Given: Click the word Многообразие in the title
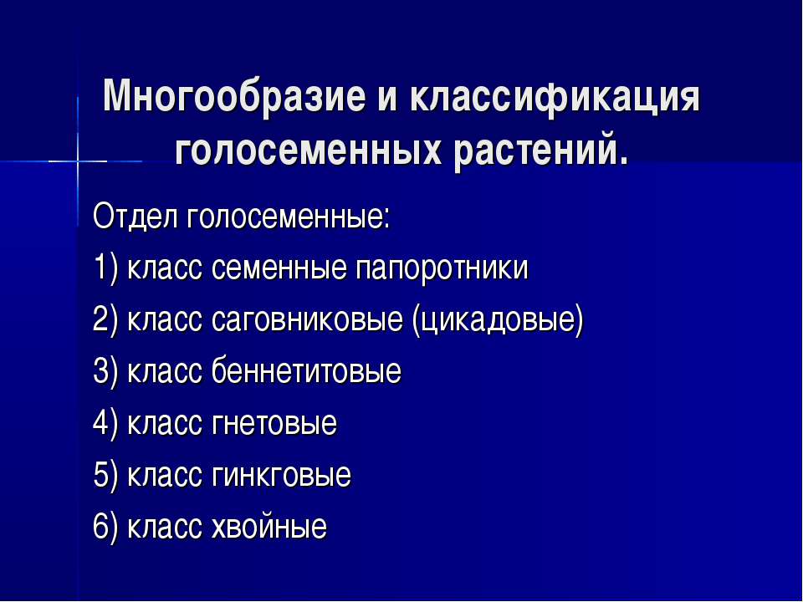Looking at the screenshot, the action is point(234,97).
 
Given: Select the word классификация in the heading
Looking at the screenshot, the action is point(554,97).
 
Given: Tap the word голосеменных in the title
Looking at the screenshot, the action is point(307,151).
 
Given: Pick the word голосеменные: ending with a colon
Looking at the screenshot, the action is point(289,218).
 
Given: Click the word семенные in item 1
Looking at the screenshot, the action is point(279,268).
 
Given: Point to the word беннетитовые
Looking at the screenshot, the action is point(306,371).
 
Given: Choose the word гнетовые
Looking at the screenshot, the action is point(274,424).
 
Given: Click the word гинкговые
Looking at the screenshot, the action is point(281,476).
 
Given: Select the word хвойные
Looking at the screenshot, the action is point(269,526).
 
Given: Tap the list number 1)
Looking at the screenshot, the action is point(106,268).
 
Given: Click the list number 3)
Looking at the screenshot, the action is point(106,372).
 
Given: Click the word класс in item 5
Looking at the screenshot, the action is point(164,476).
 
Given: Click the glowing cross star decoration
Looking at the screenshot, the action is point(78,161).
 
